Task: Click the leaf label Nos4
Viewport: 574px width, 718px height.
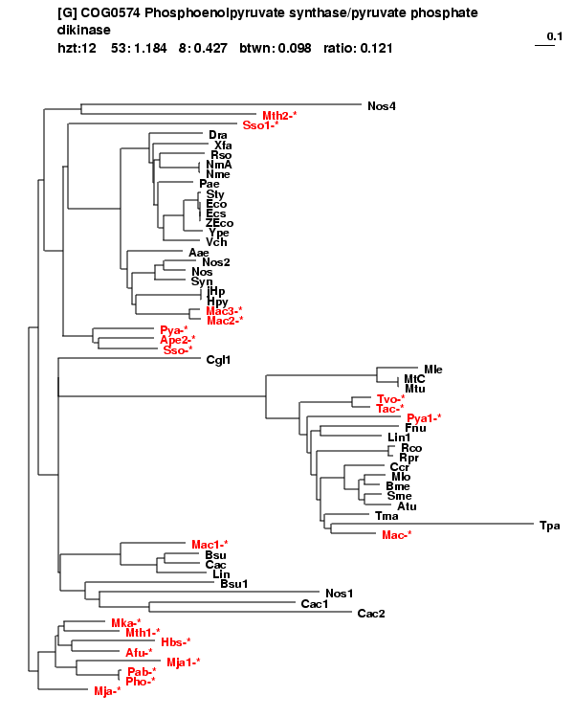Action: (x=382, y=106)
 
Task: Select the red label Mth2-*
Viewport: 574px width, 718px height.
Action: (x=279, y=116)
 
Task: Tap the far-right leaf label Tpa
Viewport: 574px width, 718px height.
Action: (x=550, y=526)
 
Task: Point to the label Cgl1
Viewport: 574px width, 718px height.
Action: (x=218, y=360)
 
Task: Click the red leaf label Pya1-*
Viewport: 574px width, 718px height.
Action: (x=424, y=418)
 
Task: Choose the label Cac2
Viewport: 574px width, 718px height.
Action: (x=371, y=614)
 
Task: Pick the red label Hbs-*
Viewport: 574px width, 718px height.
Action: (x=176, y=642)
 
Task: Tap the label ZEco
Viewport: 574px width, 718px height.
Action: (x=219, y=223)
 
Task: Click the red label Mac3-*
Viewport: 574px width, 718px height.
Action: (x=224, y=311)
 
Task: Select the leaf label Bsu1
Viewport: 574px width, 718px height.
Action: (x=233, y=584)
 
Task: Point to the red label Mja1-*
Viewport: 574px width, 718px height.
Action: (x=183, y=662)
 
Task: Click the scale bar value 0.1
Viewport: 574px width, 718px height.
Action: (x=555, y=36)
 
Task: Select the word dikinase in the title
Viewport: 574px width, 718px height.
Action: (x=84, y=31)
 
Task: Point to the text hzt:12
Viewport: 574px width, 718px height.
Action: (x=77, y=48)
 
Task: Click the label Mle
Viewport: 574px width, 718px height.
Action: (x=433, y=370)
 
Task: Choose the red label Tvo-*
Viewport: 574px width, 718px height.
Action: (x=390, y=399)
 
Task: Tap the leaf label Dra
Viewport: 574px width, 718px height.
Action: (x=218, y=135)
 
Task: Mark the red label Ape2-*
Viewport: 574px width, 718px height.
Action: (x=178, y=340)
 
